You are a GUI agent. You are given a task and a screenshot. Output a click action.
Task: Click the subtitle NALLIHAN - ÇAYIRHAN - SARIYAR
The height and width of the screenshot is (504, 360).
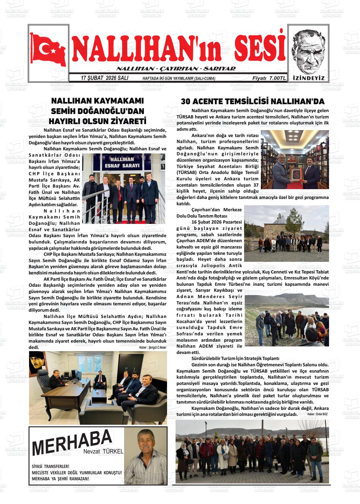(176, 69)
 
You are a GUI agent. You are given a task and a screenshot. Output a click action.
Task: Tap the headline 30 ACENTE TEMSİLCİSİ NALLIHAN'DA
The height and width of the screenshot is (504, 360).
(253, 101)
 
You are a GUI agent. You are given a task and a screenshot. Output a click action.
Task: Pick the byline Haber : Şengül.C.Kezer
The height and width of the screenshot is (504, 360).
(153, 347)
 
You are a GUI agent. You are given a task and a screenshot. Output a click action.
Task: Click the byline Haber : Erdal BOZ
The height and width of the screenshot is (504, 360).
(318, 414)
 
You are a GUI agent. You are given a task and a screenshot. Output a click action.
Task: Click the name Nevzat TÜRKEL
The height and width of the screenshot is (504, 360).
(103, 452)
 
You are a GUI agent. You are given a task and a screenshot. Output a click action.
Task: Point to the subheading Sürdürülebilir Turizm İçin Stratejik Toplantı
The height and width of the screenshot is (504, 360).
(235, 358)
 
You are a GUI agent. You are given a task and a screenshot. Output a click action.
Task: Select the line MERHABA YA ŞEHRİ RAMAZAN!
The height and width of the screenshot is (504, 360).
(60, 479)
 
